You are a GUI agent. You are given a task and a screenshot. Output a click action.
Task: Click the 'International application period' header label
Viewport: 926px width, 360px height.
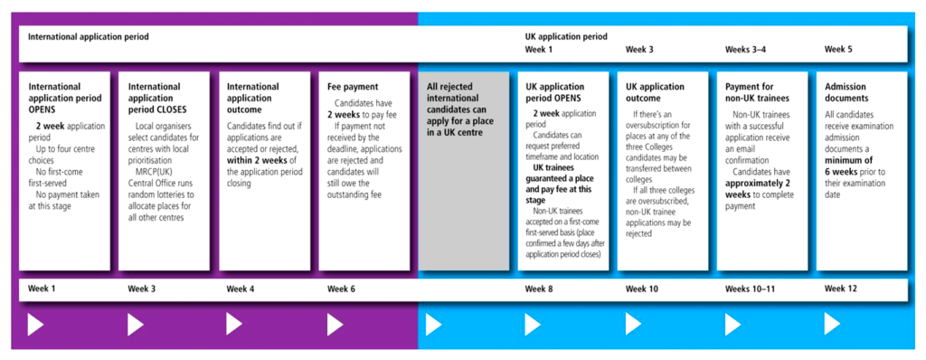click(x=88, y=37)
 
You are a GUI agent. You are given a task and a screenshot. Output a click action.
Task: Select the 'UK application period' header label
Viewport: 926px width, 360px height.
click(x=566, y=37)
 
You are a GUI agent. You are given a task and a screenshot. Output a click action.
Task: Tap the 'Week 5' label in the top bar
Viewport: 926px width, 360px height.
click(x=838, y=50)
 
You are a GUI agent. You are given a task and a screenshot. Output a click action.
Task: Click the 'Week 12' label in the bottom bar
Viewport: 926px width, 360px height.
click(x=841, y=289)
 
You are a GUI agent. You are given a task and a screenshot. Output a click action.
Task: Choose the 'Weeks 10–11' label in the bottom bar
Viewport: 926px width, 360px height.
click(x=751, y=289)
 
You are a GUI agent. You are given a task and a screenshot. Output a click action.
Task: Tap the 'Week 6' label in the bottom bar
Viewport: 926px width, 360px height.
click(x=342, y=289)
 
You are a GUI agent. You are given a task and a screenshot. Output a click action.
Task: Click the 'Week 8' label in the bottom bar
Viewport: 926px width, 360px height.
click(x=540, y=289)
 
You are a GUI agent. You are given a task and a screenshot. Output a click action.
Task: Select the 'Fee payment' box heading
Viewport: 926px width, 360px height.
click(x=352, y=87)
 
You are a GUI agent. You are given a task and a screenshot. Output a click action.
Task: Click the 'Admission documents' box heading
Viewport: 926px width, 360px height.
click(x=846, y=92)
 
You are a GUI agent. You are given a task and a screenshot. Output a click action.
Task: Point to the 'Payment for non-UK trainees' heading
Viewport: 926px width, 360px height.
click(x=757, y=92)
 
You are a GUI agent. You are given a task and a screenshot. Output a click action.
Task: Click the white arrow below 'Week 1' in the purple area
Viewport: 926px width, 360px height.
click(x=36, y=325)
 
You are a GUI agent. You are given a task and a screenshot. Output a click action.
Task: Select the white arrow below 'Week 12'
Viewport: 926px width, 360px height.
click(x=832, y=325)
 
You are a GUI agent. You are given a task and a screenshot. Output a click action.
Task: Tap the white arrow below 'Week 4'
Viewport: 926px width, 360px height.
click(x=234, y=325)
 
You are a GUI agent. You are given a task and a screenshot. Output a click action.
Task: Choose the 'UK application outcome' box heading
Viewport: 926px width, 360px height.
click(x=656, y=92)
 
